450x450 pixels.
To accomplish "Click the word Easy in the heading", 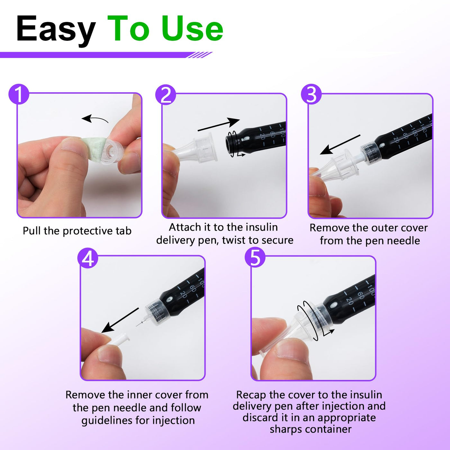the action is pyautogui.click(x=56, y=29).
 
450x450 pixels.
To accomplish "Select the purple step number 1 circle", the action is pyautogui.click(x=19, y=94).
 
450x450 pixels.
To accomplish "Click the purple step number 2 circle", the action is pyautogui.click(x=166, y=94).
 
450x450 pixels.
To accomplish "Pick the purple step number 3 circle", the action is pyautogui.click(x=311, y=94).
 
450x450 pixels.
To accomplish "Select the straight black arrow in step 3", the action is pyautogui.click(x=340, y=145).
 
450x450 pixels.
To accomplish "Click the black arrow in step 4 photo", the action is pyautogui.click(x=120, y=320).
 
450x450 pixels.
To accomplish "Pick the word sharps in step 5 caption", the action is pyautogui.click(x=285, y=429).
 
